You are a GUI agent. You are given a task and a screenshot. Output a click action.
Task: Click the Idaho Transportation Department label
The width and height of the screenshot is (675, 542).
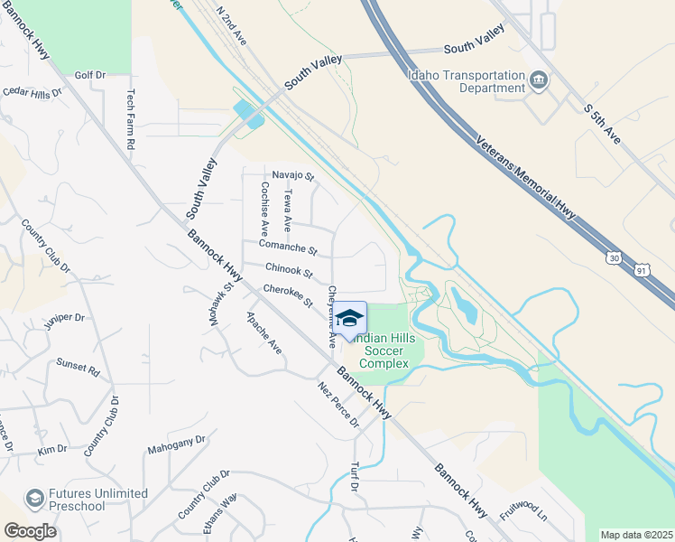point(466,81)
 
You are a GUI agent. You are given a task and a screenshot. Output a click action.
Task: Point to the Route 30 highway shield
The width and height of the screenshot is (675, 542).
point(615,258)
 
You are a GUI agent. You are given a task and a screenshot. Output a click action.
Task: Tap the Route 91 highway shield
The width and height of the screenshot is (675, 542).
point(640,269)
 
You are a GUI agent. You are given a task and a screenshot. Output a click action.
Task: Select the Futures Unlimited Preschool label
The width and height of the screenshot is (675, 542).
point(97,500)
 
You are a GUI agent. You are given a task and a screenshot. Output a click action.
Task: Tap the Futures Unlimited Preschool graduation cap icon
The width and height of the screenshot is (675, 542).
point(34,499)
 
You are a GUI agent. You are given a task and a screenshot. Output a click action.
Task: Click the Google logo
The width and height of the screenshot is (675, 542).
point(30,531)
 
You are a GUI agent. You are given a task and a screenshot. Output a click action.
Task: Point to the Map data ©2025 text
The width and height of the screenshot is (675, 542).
point(636,535)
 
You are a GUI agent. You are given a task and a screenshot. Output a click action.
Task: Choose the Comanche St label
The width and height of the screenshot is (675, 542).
point(288,246)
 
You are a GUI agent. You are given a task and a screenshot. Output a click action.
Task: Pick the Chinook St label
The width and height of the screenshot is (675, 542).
point(289,270)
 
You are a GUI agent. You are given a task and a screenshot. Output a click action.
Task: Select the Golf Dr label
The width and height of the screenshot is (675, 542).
point(90,76)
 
